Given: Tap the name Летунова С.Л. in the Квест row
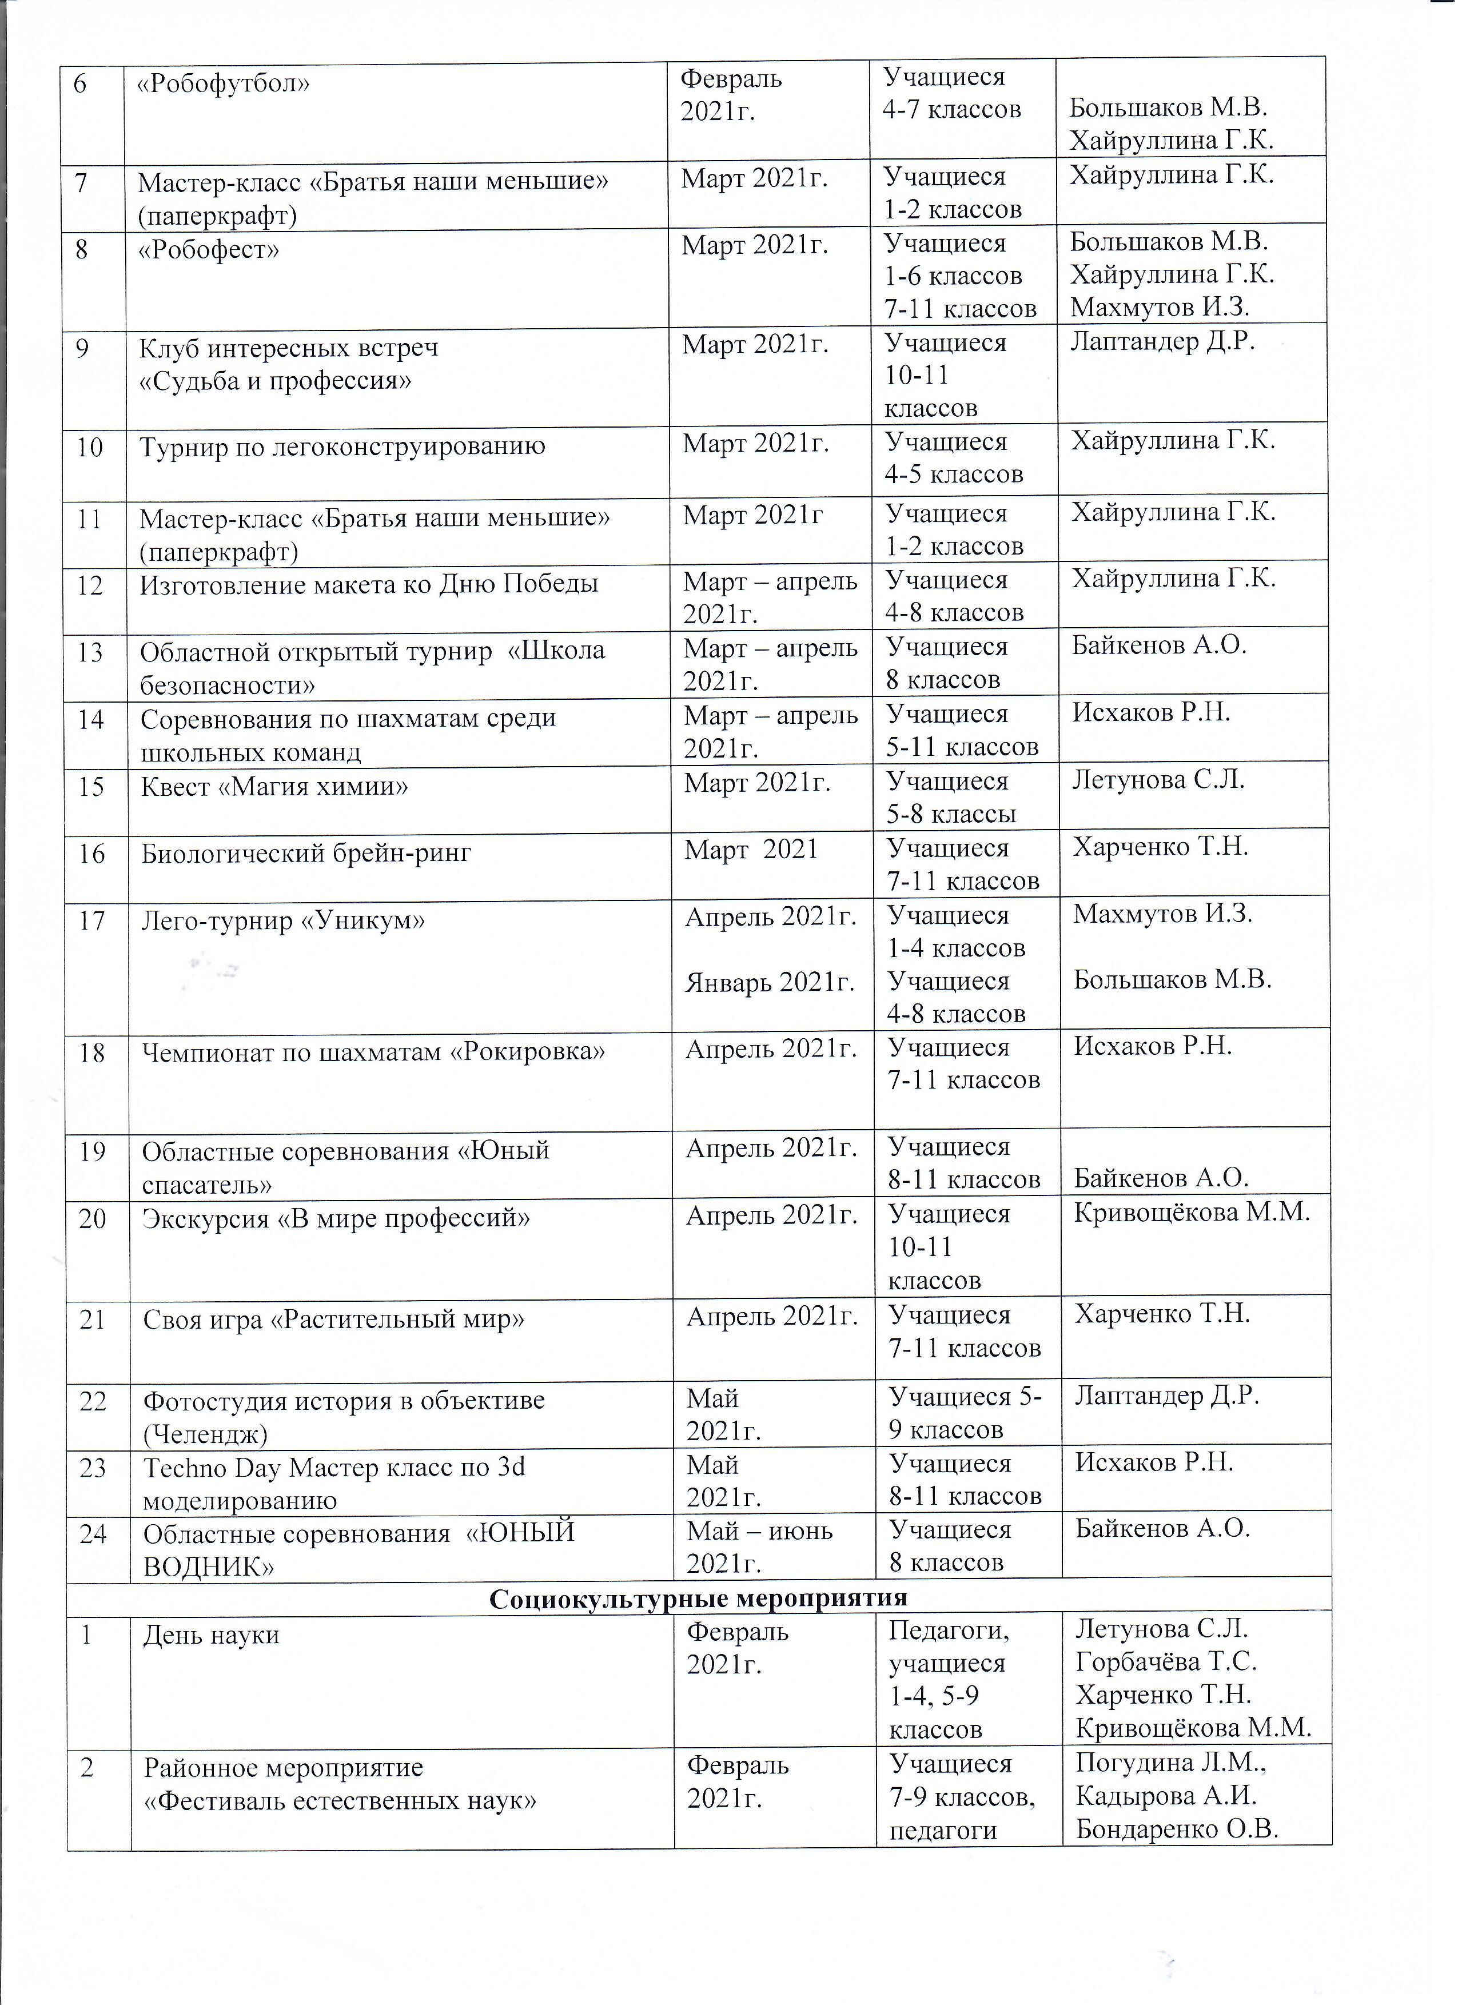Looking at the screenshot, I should (1158, 780).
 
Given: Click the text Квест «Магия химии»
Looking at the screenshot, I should (274, 786).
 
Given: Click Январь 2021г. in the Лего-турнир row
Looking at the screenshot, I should (769, 982).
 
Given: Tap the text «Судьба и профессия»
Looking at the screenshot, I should (275, 381).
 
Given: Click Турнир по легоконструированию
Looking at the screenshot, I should (342, 447).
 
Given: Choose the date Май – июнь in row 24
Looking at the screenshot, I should (759, 1530).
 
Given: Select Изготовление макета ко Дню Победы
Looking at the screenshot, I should (369, 584).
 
